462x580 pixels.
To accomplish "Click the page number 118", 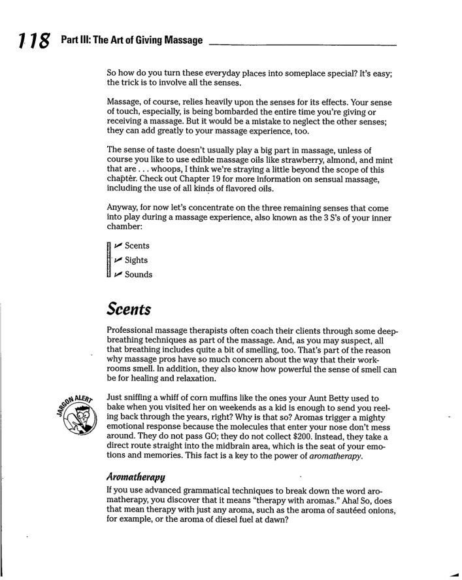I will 27,41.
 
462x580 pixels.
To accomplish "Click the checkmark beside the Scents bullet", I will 118,246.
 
